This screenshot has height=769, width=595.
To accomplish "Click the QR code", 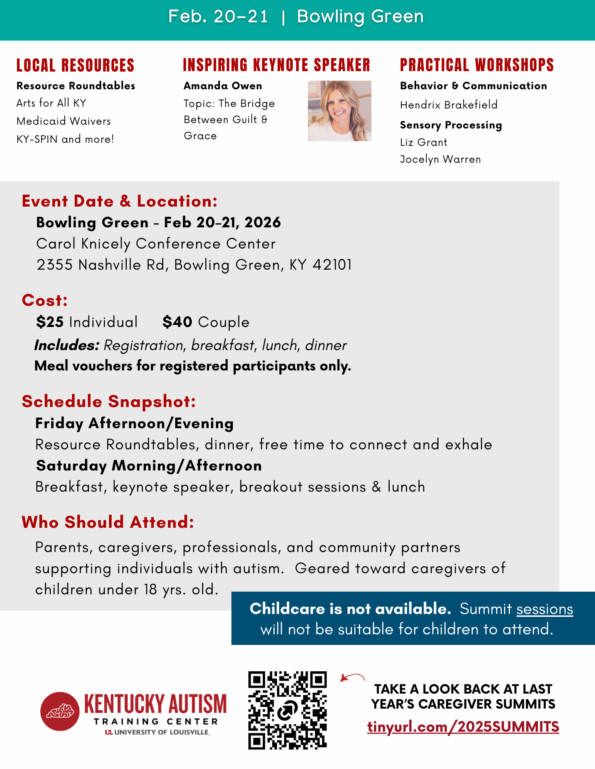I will pyautogui.click(x=287, y=710).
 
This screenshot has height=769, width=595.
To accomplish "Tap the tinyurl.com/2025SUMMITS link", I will pyautogui.click(x=463, y=727).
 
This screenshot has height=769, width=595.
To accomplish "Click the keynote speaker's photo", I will pyautogui.click(x=339, y=111).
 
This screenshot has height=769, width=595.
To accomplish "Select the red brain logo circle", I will pyautogui.click(x=60, y=711).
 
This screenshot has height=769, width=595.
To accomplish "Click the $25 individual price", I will pyautogui.click(x=50, y=322).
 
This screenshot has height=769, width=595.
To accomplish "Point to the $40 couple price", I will pyautogui.click(x=177, y=322).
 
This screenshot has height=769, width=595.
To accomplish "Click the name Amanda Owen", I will pyautogui.click(x=223, y=86).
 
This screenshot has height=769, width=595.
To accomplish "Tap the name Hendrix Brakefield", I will pyautogui.click(x=449, y=105).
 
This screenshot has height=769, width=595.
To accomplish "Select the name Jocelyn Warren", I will pyautogui.click(x=440, y=159).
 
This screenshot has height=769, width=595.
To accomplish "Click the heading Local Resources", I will pyautogui.click(x=75, y=65).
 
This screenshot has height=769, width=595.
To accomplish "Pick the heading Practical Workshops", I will pyautogui.click(x=477, y=65).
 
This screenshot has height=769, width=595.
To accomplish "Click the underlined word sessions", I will pyautogui.click(x=545, y=609).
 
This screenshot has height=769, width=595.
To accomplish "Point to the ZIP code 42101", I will pyautogui.click(x=332, y=265).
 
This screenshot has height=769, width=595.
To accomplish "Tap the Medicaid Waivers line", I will pyautogui.click(x=64, y=121).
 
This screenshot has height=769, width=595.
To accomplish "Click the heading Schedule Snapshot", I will pyautogui.click(x=109, y=402).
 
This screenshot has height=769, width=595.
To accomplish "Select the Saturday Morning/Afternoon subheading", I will pyautogui.click(x=149, y=466).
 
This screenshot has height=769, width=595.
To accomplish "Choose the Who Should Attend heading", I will pyautogui.click(x=108, y=522).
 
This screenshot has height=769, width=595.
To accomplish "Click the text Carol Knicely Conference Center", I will pyautogui.click(x=156, y=244).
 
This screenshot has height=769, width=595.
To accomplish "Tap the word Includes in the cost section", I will pyautogui.click(x=67, y=345).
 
